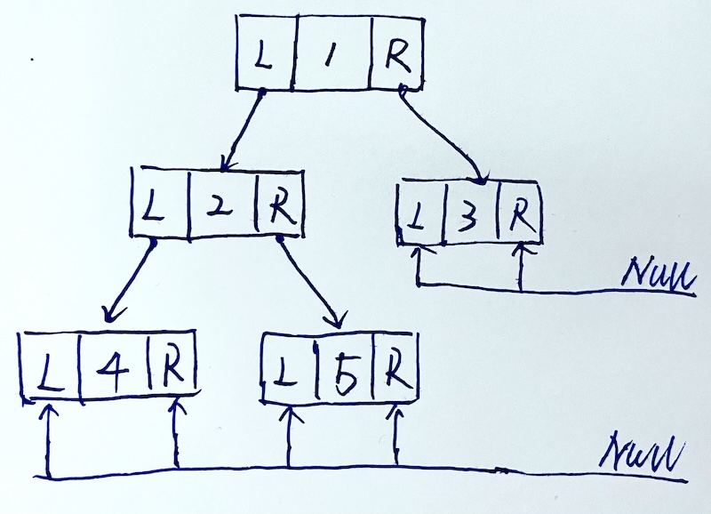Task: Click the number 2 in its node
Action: pos(223,207)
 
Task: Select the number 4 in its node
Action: pos(115,365)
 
